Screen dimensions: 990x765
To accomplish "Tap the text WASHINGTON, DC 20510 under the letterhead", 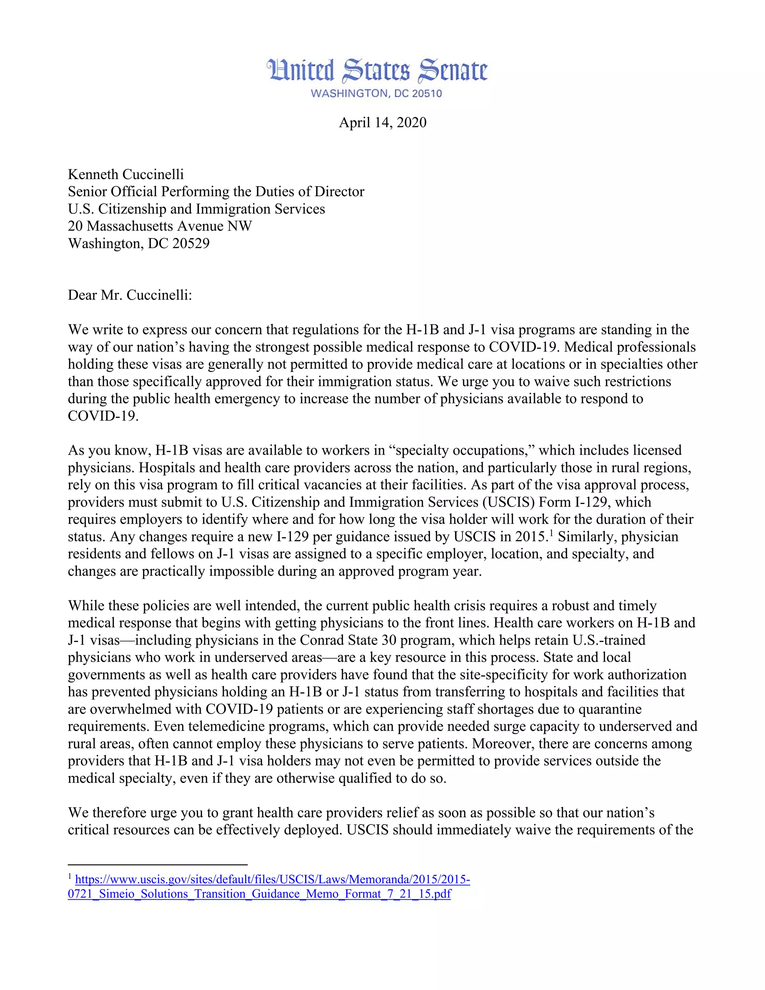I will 376,94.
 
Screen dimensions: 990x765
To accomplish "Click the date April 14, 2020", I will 382,123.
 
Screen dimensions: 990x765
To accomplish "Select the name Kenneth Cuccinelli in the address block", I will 126,174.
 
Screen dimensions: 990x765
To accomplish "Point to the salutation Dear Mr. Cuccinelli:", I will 130,295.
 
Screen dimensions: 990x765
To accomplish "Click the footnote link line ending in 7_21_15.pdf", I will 259,894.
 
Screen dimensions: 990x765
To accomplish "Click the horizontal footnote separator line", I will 157,864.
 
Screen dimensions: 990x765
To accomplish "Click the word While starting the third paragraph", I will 86,606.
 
